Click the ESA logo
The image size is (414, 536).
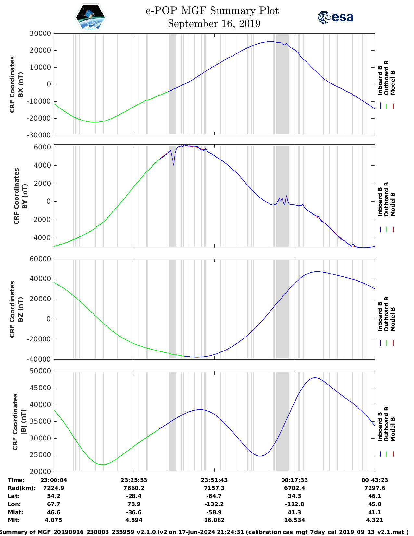[335, 17]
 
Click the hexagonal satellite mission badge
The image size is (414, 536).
[90, 17]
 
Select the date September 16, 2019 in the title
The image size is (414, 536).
[214, 24]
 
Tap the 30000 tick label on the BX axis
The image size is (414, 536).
[40, 33]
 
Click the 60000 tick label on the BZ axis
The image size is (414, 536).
[40, 259]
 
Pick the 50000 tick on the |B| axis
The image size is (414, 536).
[40, 371]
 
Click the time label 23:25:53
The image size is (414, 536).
[134, 480]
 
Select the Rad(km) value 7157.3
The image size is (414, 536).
[214, 488]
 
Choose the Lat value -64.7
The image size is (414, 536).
[214, 496]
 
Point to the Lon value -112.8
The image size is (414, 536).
[295, 504]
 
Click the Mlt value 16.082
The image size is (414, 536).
[214, 520]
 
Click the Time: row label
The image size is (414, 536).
[16, 480]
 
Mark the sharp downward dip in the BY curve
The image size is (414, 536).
[174, 165]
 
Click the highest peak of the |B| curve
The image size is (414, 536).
[314, 378]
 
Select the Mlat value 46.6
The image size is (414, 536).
[54, 512]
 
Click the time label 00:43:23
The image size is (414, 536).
[375, 480]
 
